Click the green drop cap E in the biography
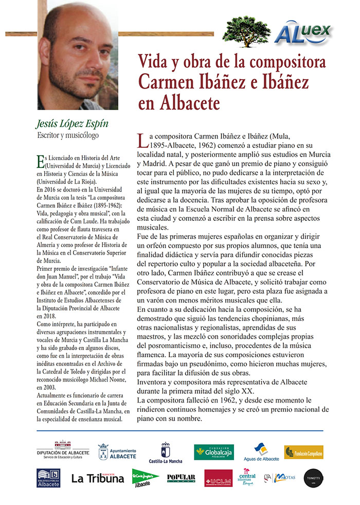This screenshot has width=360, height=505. (x=41, y=161)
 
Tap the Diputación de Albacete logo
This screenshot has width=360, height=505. (x=63, y=449)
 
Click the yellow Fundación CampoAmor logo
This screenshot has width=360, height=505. (x=303, y=452)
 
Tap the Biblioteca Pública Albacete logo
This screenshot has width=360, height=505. (x=48, y=478)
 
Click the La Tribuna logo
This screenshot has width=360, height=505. (x=98, y=478)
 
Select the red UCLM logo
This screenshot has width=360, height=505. (x=218, y=478)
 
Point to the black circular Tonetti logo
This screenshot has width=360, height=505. (x=313, y=478)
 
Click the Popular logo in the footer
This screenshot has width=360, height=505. (x=181, y=478)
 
